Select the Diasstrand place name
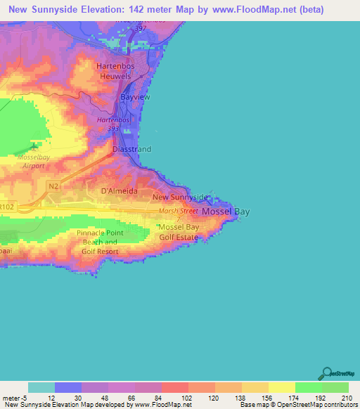click(x=132, y=150)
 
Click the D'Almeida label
click(x=119, y=191)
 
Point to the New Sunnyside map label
click(x=180, y=197)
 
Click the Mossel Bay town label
click(x=225, y=211)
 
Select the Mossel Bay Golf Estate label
click(x=179, y=233)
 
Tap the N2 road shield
click(x=54, y=186)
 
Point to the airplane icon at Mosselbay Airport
click(x=34, y=146)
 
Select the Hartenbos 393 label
click(x=113, y=124)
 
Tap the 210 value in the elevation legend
click(x=346, y=397)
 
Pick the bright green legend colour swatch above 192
click(x=308, y=387)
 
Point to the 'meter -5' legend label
click(x=14, y=397)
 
